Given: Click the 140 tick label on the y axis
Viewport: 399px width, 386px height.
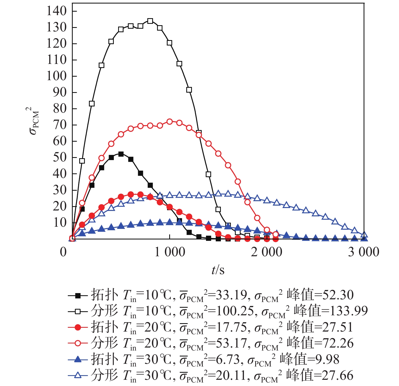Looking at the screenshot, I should [57, 11].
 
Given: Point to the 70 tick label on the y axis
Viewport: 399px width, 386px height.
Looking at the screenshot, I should [60, 125].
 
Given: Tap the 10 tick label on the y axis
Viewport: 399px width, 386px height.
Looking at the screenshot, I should [60, 223].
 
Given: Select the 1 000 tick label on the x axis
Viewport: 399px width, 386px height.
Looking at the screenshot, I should [170, 252].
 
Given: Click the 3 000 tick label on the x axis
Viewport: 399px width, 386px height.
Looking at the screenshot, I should [363, 252].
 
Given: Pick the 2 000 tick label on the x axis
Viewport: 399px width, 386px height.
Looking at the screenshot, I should [267, 252].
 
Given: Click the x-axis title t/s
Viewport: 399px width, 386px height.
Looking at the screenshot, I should [218, 270].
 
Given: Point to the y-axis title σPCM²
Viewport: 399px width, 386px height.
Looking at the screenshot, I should [34, 121].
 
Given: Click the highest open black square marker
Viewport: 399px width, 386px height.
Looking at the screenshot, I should [150, 21].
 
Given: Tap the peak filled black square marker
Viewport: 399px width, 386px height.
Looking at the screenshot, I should [121, 154].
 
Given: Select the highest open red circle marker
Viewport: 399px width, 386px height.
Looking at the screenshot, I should [169, 121].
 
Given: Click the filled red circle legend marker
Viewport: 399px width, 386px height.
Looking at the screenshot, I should [78, 327].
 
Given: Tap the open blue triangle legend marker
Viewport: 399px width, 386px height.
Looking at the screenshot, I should [78, 375].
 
